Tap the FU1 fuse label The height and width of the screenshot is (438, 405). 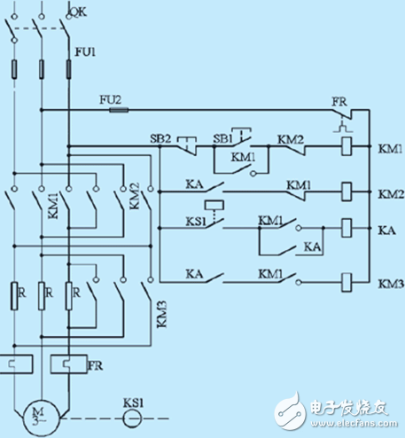[x=87, y=52]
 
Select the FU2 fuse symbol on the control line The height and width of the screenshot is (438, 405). [x=117, y=111]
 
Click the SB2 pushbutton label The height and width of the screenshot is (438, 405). [x=160, y=139]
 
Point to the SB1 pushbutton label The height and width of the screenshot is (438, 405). [x=222, y=139]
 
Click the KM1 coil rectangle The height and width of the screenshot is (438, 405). [x=348, y=146]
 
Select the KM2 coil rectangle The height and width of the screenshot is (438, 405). [x=348, y=190]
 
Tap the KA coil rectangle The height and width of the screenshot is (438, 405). [x=348, y=229]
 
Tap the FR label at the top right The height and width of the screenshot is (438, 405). [x=339, y=102]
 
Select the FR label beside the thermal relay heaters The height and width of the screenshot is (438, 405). [x=95, y=364]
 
